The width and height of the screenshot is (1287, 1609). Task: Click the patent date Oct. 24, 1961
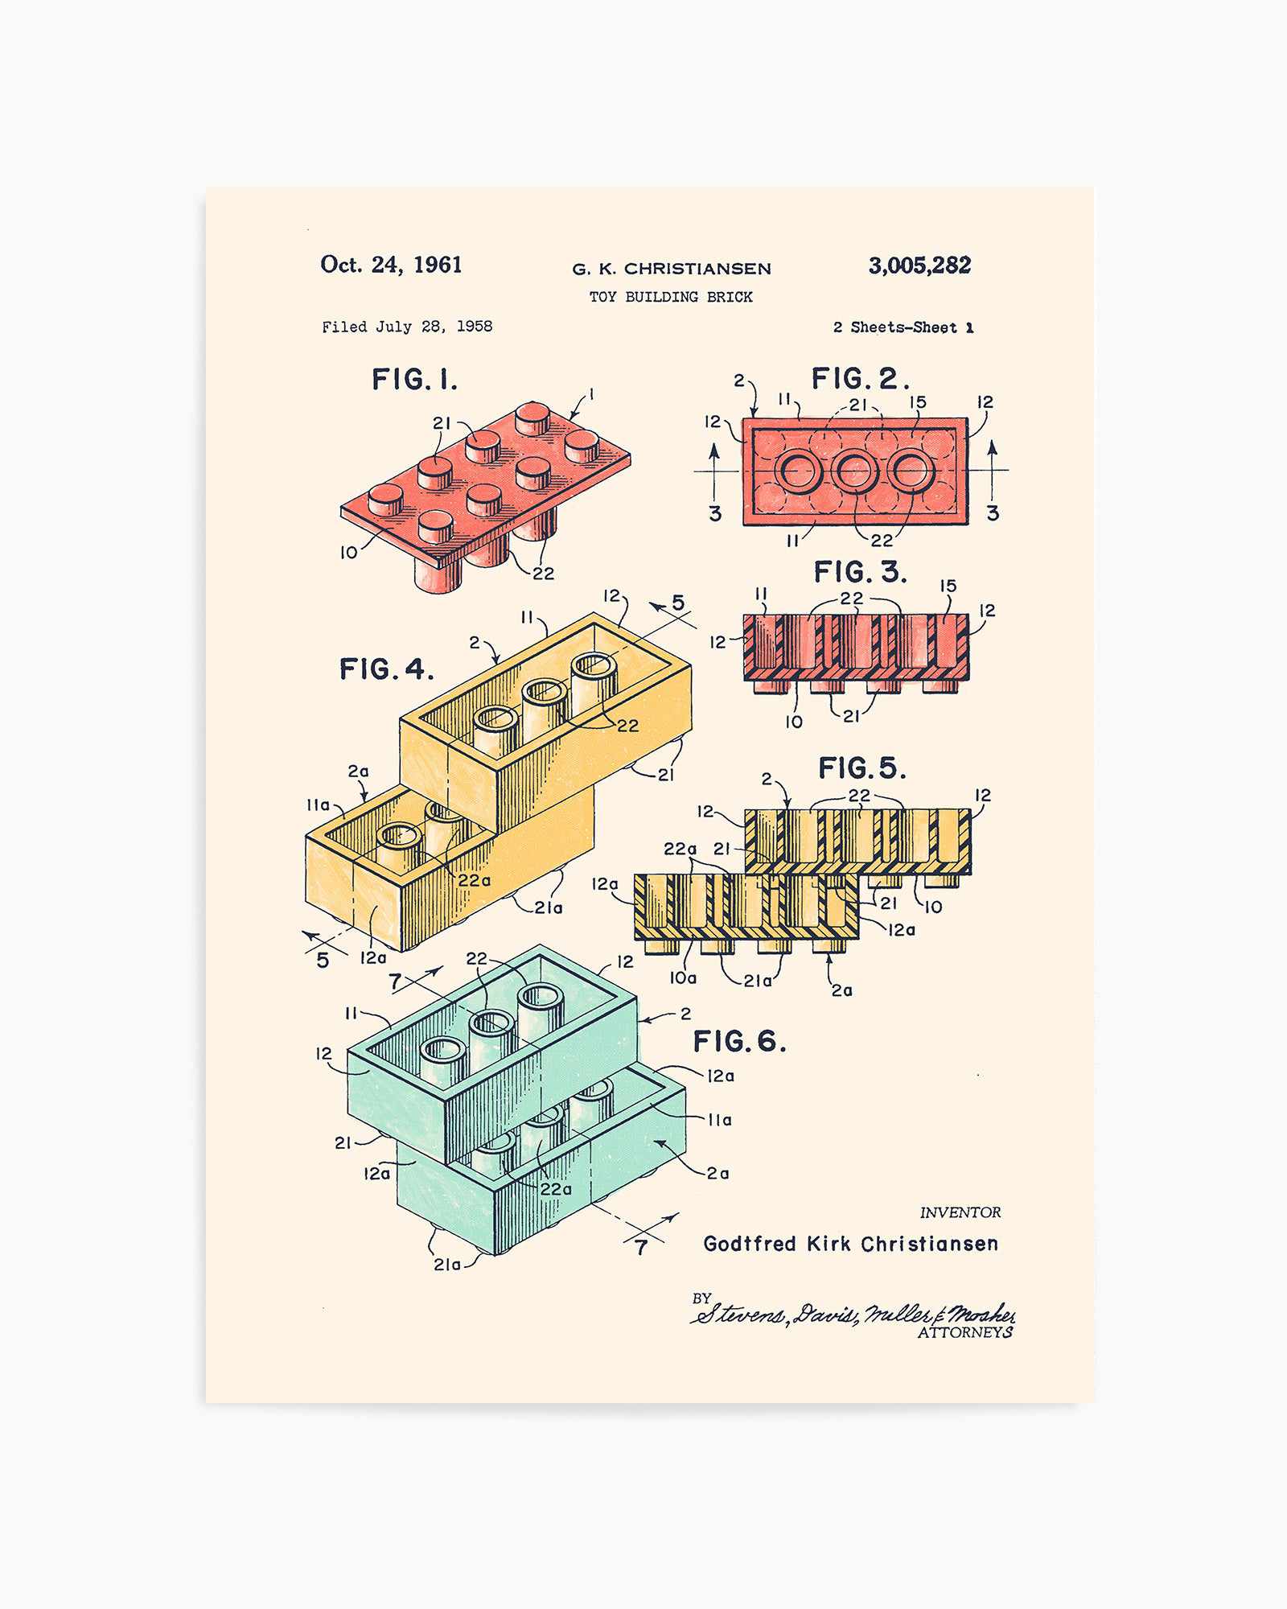391,265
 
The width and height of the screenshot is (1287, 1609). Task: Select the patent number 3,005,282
919,265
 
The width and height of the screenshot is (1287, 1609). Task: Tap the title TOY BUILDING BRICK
671,297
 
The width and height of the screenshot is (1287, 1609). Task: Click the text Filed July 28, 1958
407,327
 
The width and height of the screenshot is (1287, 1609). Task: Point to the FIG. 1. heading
414,379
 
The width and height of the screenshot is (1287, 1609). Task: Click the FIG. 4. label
386,669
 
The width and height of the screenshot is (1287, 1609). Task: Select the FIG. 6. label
739,1041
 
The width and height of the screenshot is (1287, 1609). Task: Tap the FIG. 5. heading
861,767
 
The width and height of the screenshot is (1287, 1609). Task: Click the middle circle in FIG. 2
854,471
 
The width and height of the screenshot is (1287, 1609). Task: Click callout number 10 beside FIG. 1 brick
348,553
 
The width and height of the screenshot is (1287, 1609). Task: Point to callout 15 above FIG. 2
917,401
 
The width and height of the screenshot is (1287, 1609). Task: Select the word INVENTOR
960,1212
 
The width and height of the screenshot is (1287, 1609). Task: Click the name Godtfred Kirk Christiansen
850,1244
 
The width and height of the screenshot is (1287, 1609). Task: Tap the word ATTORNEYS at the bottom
964,1333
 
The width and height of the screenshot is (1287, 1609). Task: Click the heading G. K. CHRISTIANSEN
672,269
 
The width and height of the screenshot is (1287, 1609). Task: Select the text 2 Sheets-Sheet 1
903,327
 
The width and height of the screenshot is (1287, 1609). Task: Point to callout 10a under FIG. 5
683,977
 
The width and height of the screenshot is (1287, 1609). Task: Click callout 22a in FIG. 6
556,1189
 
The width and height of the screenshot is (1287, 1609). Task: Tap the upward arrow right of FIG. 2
993,471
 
